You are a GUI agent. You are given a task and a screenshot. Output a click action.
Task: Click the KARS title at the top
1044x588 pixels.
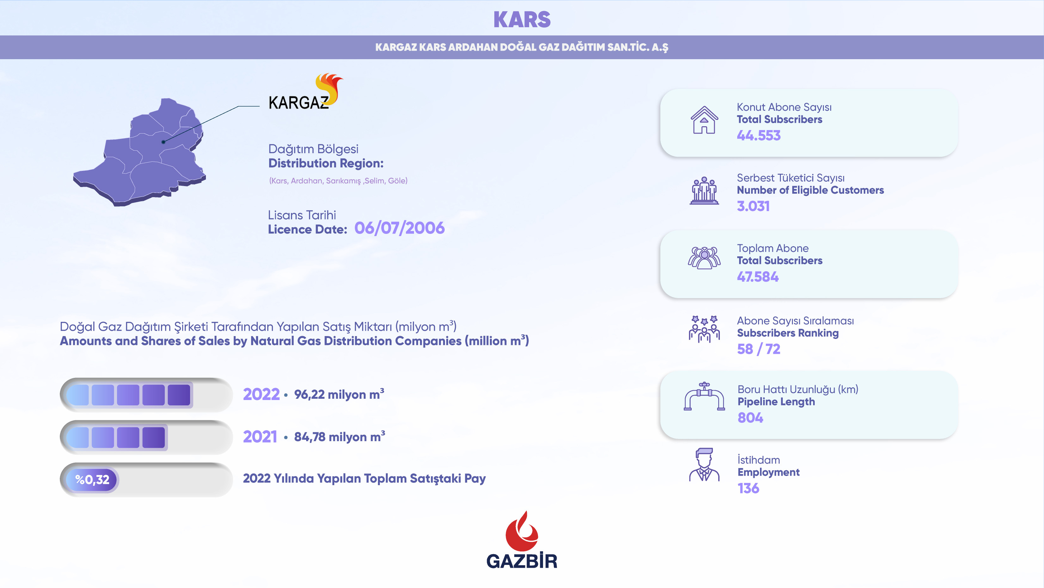click(x=522, y=20)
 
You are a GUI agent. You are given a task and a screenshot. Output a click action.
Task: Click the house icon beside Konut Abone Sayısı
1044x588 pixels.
click(x=704, y=120)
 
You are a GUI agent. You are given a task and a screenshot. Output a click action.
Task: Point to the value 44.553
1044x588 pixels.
click(x=758, y=135)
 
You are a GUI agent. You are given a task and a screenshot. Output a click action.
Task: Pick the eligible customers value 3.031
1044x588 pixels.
click(x=753, y=206)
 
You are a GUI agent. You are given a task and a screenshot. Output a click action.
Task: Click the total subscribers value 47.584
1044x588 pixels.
click(x=757, y=277)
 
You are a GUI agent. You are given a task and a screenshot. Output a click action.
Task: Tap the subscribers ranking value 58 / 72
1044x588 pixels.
click(x=758, y=349)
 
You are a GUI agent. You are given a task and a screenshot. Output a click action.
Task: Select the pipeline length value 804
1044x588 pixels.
click(x=750, y=418)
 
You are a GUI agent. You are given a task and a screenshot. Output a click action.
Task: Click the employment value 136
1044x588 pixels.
click(x=748, y=488)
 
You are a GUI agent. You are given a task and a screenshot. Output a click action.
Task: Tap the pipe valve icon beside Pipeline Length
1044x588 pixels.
click(x=704, y=396)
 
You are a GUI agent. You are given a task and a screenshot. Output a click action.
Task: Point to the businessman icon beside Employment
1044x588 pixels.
click(x=704, y=465)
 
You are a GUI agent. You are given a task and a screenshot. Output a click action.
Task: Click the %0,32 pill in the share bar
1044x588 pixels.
click(x=92, y=480)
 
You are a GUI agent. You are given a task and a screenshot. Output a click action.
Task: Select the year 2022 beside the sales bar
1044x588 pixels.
click(x=262, y=394)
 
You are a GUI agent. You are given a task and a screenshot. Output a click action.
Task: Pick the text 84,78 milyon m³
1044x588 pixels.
click(x=340, y=436)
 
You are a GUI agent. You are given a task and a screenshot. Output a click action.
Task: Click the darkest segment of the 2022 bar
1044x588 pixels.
click(x=179, y=395)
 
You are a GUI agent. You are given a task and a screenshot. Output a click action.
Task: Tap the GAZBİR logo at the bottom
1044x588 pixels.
click(x=522, y=540)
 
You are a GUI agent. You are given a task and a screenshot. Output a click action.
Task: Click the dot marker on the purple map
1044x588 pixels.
click(x=163, y=142)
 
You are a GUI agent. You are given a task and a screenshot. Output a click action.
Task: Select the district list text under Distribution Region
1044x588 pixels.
click(x=338, y=181)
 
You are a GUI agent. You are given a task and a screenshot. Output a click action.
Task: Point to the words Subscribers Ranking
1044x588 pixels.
click(x=788, y=333)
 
